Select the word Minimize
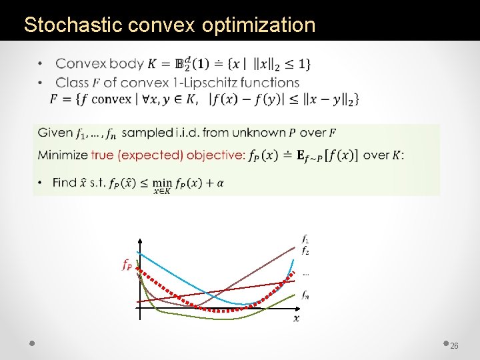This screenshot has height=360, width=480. click(x=63, y=155)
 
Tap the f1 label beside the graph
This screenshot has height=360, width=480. click(x=305, y=238)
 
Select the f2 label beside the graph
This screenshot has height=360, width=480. click(x=305, y=251)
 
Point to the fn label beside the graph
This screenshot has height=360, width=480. click(x=305, y=294)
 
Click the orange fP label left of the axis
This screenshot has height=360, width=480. click(x=127, y=265)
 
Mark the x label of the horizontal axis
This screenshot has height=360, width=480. click(x=296, y=318)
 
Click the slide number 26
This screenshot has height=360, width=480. click(x=455, y=346)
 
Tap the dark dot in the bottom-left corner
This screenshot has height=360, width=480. click(x=32, y=343)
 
